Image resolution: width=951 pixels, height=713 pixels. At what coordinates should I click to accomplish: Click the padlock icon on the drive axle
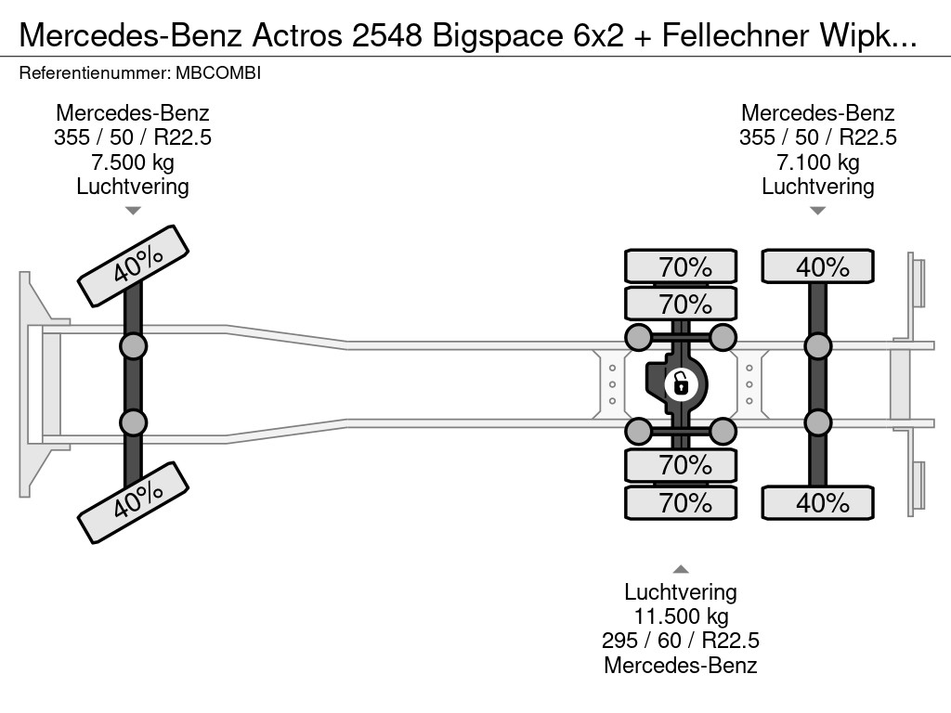tap(681, 382)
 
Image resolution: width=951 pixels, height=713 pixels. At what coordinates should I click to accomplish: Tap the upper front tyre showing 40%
tap(133, 266)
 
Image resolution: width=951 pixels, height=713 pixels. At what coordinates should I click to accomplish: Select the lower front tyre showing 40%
tap(133, 503)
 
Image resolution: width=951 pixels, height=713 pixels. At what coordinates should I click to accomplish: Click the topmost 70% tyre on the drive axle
tap(681, 266)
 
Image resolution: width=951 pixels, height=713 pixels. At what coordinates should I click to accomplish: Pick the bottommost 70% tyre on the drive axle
tap(681, 503)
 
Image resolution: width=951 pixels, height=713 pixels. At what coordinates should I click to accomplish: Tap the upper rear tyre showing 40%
tap(817, 266)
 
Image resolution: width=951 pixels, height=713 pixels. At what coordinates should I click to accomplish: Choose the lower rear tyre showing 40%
tap(817, 503)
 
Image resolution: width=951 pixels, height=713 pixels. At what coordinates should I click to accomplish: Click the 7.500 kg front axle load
tap(133, 162)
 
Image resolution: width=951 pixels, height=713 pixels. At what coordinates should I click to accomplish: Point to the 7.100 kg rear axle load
tap(817, 162)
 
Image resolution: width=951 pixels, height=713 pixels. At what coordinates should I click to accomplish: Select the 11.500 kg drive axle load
tap(681, 616)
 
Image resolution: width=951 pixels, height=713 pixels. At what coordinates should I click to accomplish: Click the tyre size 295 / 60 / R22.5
tap(681, 641)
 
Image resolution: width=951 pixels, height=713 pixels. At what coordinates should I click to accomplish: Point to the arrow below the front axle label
tap(133, 211)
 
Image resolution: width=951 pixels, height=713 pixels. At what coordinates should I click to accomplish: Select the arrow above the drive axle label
tap(681, 569)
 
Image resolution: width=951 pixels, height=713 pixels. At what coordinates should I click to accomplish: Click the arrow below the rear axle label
tap(817, 211)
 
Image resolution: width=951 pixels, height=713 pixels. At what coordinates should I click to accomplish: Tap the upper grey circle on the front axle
tap(133, 346)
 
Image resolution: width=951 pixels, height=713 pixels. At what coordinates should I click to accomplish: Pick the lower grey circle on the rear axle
tap(817, 422)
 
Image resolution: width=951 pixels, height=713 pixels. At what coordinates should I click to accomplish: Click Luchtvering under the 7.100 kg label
tap(817, 187)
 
